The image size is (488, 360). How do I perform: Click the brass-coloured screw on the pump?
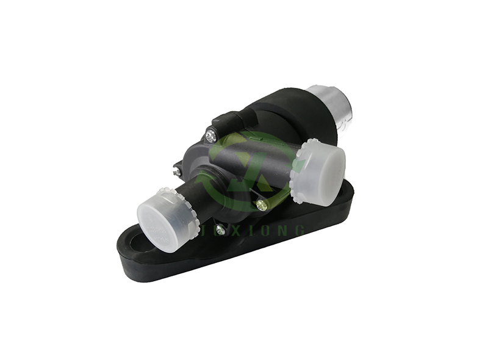pos(262,204)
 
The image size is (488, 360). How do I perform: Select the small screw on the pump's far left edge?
pos(177,172)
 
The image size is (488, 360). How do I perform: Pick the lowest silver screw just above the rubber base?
pos(220,230)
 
